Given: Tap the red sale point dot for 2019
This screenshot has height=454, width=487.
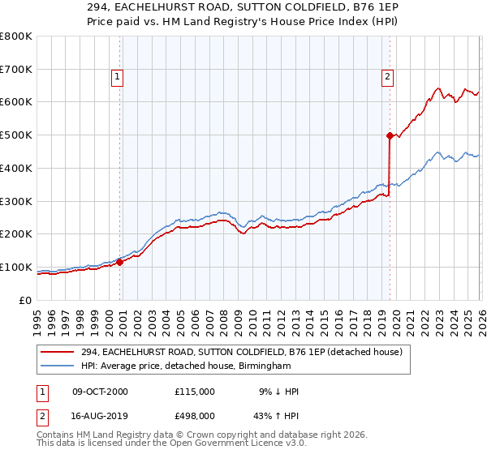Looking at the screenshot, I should click(x=390, y=135).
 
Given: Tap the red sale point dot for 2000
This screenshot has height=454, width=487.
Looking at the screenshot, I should click(x=119, y=262).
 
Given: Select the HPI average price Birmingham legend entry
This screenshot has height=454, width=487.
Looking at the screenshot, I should click(x=186, y=366).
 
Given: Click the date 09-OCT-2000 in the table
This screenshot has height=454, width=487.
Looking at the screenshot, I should click(x=100, y=392).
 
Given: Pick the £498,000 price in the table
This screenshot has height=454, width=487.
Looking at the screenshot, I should click(x=195, y=416).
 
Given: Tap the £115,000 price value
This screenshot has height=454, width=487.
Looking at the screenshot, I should click(x=195, y=392).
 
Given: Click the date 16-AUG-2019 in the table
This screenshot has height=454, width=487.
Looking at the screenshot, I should click(x=100, y=416).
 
